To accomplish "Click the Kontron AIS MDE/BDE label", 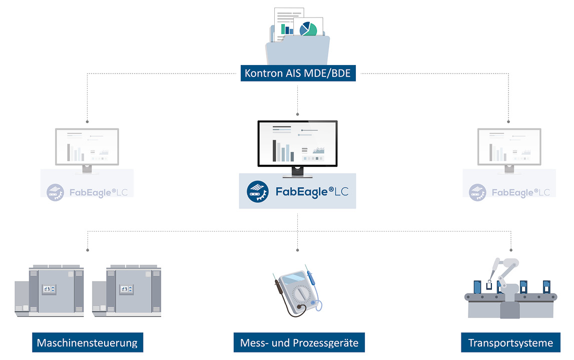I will coord(298,74).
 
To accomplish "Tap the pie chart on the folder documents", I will coord(308,28).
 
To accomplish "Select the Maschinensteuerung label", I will coord(87,343).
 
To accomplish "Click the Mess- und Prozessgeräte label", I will coord(299,343).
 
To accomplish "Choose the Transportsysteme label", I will coord(510,343).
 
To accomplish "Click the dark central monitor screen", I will coord(297,143).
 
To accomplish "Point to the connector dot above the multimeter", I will coord(298,249).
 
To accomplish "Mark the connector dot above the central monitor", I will coord(298,113).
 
